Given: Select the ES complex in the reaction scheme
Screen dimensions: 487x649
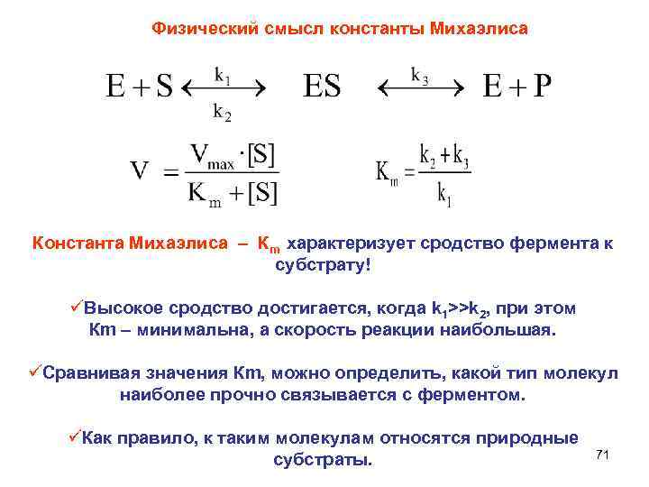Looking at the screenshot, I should (x=322, y=87).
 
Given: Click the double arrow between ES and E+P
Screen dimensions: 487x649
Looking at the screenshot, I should (x=416, y=88).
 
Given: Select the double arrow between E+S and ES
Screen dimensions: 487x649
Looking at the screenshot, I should (x=223, y=88).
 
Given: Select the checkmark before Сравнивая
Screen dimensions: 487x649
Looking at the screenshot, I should (x=35, y=372).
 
